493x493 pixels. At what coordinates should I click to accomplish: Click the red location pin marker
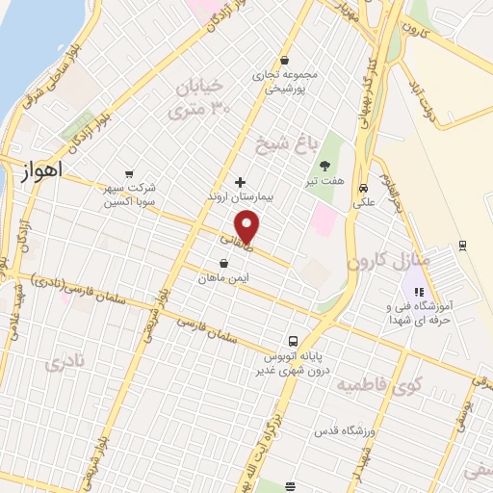coord(248,226)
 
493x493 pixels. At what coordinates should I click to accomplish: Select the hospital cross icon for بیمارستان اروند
coord(240,182)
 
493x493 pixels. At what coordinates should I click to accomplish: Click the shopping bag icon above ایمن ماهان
coord(224,263)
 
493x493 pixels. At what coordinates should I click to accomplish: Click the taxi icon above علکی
coord(363,189)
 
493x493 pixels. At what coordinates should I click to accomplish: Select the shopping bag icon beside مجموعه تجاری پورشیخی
coord(286,58)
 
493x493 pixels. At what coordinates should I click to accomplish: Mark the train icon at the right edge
coord(463,245)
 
